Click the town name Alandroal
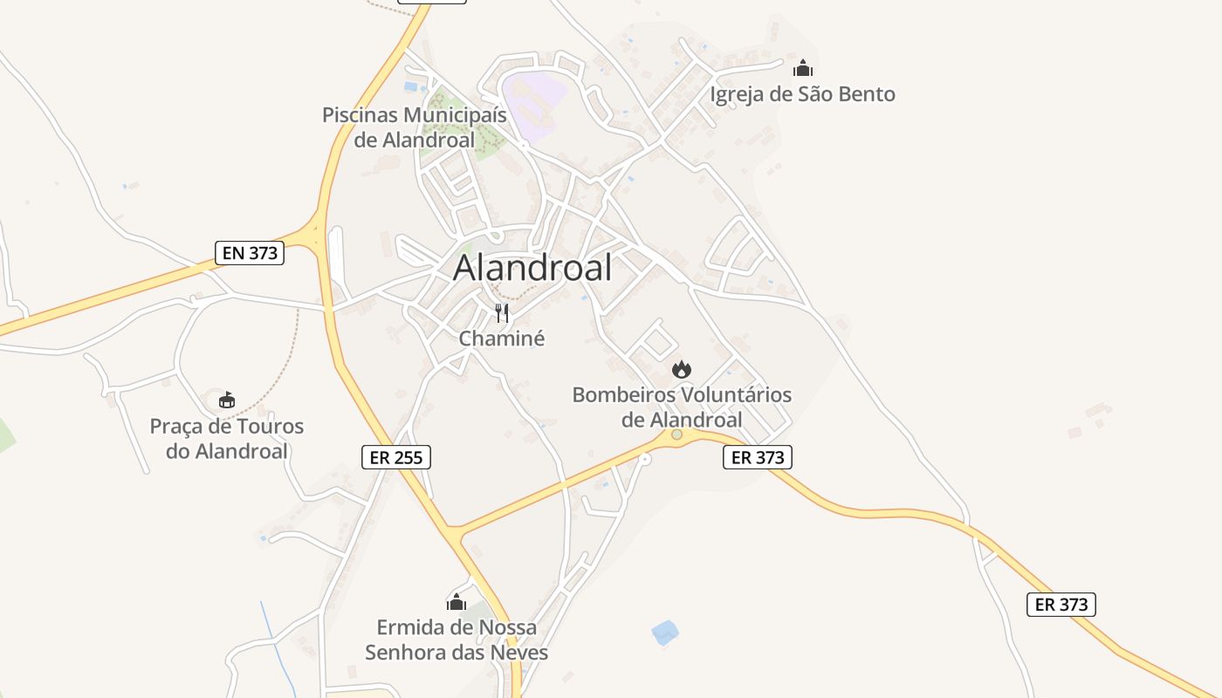click(x=532, y=268)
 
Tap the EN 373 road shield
click(x=250, y=253)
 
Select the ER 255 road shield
click(x=396, y=456)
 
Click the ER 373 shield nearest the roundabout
click(x=757, y=457)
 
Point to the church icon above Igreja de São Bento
click(x=803, y=68)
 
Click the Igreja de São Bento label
click(x=803, y=94)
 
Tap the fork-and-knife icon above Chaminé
click(x=502, y=313)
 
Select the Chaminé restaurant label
click(x=502, y=339)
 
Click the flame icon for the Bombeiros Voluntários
click(x=682, y=370)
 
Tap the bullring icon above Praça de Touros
click(x=227, y=400)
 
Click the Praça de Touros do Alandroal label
click(x=227, y=439)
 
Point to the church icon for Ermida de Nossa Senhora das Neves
click(x=457, y=602)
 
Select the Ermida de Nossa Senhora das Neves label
click(x=457, y=640)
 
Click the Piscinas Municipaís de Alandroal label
click(x=415, y=127)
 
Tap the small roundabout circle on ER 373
click(x=676, y=434)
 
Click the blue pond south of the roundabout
click(x=664, y=632)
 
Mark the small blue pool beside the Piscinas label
click(x=410, y=87)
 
